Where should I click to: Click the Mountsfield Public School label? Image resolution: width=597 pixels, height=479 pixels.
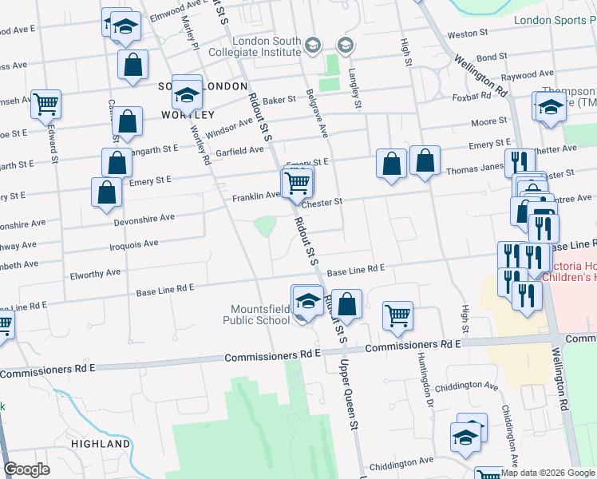pos(260,315)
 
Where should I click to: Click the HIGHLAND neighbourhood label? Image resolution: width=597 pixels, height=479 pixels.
pos(101,443)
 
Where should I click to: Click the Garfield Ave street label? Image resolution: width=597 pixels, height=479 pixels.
pos(237,150)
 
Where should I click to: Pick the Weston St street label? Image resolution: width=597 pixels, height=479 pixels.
pos(468,34)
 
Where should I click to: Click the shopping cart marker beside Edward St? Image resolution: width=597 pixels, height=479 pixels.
pos(46,103)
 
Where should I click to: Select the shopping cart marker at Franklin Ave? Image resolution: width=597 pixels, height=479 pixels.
pos(298,184)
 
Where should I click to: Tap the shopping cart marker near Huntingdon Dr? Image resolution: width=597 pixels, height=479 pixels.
pos(397,314)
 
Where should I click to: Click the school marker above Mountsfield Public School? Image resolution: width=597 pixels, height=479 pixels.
pos(307,301)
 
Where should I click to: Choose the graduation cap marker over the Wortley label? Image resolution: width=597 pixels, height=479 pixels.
pos(187,95)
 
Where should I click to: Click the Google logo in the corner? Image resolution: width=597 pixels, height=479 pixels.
pos(26,469)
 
